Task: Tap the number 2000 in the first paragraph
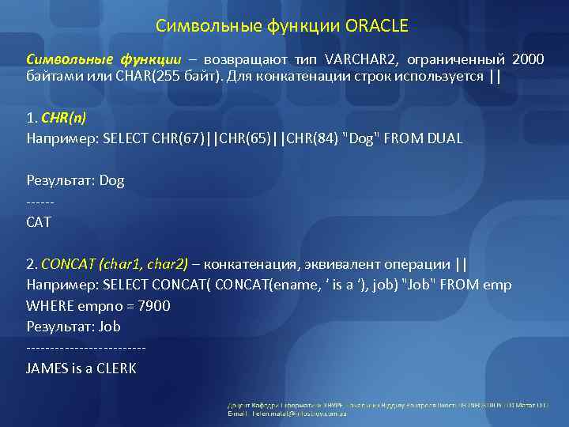pos(527,60)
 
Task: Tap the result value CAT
pos(39,222)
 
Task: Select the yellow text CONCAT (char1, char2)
pos(115,263)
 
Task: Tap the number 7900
pos(153,305)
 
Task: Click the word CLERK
pos(117,368)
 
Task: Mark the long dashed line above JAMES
pos(86,348)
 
